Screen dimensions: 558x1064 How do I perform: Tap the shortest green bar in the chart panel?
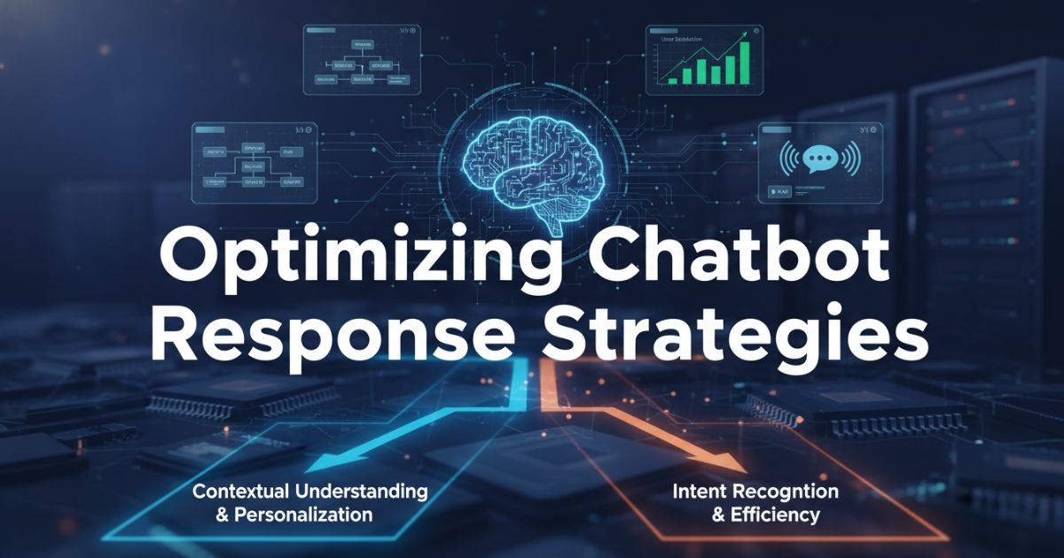[x=674, y=80]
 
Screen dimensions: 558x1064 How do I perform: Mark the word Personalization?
[x=303, y=514]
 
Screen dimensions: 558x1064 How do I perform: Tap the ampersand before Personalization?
[x=223, y=514]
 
